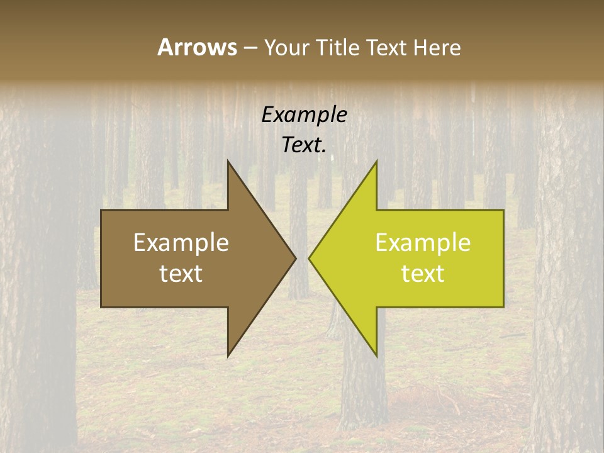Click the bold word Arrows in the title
point(197,47)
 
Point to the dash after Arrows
point(250,48)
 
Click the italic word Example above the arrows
point(305,115)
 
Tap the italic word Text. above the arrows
point(305,145)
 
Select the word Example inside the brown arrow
point(181,243)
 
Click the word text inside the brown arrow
point(181,274)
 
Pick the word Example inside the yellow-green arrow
point(423,243)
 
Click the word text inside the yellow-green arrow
point(423,274)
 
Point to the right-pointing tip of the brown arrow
point(296,257)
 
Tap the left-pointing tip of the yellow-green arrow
point(309,258)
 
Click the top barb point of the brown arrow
point(228,161)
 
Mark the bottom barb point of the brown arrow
point(228,356)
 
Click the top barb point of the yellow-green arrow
point(376,161)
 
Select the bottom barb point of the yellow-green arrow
point(376,356)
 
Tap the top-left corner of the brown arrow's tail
point(101,210)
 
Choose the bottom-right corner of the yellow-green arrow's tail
point(503,306)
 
